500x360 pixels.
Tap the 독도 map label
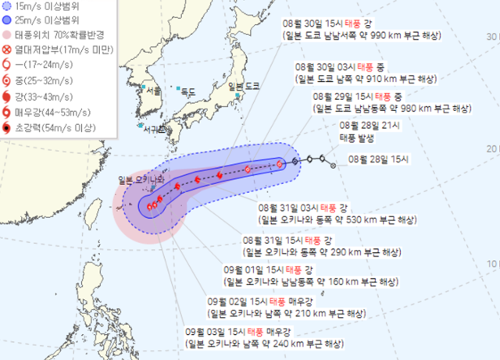point(188,92)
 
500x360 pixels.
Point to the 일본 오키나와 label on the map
point(144,180)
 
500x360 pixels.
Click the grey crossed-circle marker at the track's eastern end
point(333,165)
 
